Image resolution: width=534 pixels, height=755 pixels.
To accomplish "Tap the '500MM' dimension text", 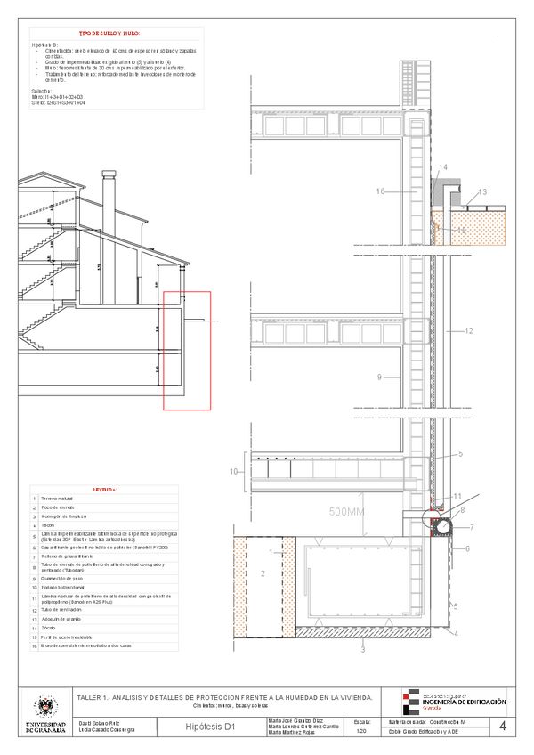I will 348,512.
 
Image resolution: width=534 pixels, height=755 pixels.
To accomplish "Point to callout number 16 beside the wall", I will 380,191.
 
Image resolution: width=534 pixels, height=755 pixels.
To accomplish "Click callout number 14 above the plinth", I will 443,167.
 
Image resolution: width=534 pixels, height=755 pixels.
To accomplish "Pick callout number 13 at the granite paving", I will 482,191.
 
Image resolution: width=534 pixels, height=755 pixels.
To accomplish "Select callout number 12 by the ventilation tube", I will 468,330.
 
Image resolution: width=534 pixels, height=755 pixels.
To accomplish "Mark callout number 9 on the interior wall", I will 379,378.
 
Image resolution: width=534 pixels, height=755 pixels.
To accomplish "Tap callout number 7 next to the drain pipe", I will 472,527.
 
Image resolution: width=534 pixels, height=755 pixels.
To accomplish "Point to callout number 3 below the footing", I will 362,651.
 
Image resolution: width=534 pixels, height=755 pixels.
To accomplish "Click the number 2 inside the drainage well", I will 263,574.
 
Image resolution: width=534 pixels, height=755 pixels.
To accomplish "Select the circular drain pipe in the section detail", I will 442,527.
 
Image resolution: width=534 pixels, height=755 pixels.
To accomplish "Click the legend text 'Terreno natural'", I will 56,499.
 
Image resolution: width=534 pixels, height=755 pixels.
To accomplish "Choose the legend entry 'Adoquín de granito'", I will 61,618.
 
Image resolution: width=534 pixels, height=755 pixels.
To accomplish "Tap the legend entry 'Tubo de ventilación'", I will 61,609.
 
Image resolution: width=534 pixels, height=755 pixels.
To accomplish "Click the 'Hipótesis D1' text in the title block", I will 210,727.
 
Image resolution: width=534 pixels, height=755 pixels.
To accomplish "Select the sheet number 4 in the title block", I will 503,727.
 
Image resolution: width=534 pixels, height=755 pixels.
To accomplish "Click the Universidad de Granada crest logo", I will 44,710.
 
